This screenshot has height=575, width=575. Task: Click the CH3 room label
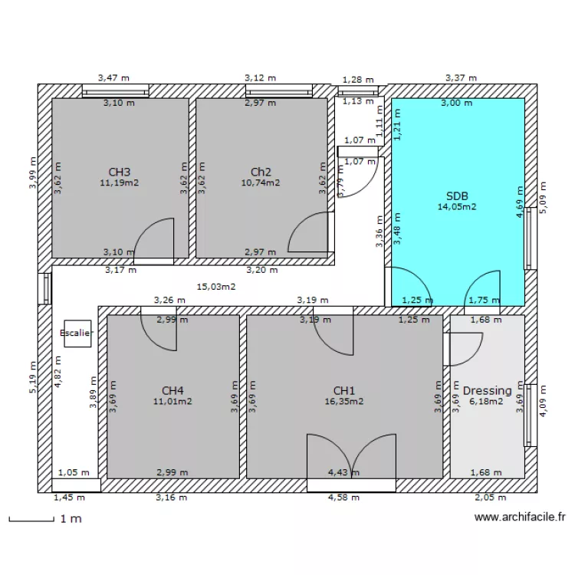click(119, 172)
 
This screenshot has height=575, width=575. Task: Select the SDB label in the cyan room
click(457, 195)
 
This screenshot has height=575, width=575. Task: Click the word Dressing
click(487, 390)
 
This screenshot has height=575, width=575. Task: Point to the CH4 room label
click(172, 390)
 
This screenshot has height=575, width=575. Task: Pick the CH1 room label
click(344, 390)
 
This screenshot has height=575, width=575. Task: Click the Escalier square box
click(77, 333)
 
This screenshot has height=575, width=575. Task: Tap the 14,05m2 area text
click(457, 206)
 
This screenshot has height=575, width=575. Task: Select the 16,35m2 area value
click(344, 401)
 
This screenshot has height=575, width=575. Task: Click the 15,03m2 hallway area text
click(216, 287)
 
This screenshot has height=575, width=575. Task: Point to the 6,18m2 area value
click(487, 401)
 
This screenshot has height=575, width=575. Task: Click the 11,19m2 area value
click(119, 182)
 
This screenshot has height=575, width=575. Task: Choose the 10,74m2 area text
click(261, 182)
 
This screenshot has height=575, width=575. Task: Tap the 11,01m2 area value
click(172, 401)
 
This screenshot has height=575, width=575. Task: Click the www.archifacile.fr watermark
click(521, 517)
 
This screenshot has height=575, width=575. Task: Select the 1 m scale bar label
click(70, 519)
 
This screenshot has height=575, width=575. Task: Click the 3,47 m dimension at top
click(113, 77)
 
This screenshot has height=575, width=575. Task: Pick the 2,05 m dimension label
click(485, 498)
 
